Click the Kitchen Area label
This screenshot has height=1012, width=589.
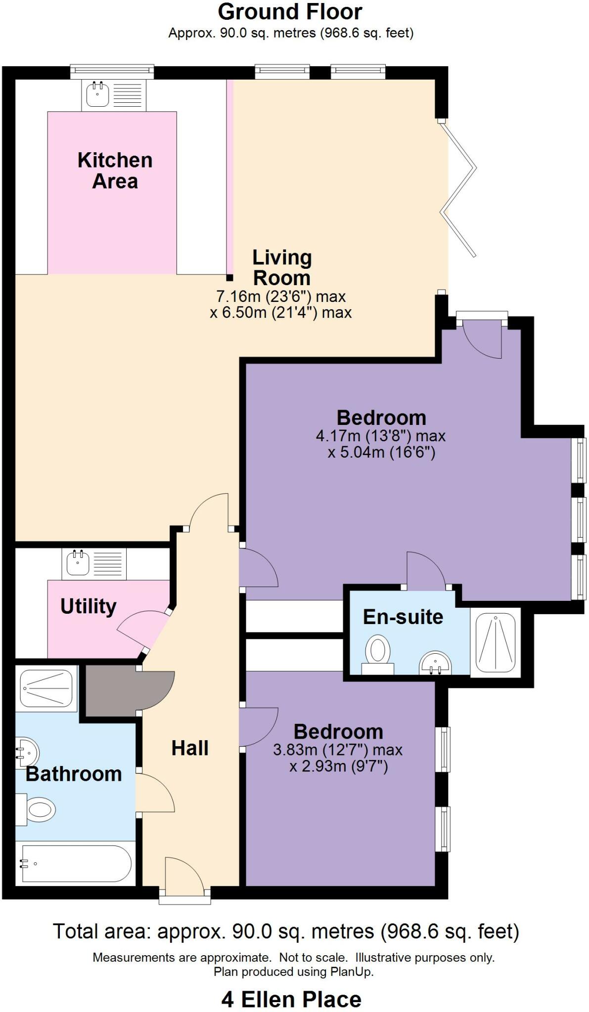pyautogui.click(x=115, y=170)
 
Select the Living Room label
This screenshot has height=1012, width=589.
pyautogui.click(x=282, y=267)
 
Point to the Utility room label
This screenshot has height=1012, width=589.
pyautogui.click(x=89, y=606)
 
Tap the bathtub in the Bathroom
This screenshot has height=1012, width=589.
pyautogui.click(x=75, y=863)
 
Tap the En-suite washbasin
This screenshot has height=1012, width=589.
pyautogui.click(x=435, y=663)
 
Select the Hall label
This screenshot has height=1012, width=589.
pyautogui.click(x=190, y=748)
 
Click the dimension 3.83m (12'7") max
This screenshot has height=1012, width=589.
pyautogui.click(x=338, y=750)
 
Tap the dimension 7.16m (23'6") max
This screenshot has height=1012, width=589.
pyautogui.click(x=281, y=296)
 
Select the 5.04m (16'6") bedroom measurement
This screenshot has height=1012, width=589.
pyautogui.click(x=381, y=453)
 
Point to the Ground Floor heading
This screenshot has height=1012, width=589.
pyautogui.click(x=290, y=12)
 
